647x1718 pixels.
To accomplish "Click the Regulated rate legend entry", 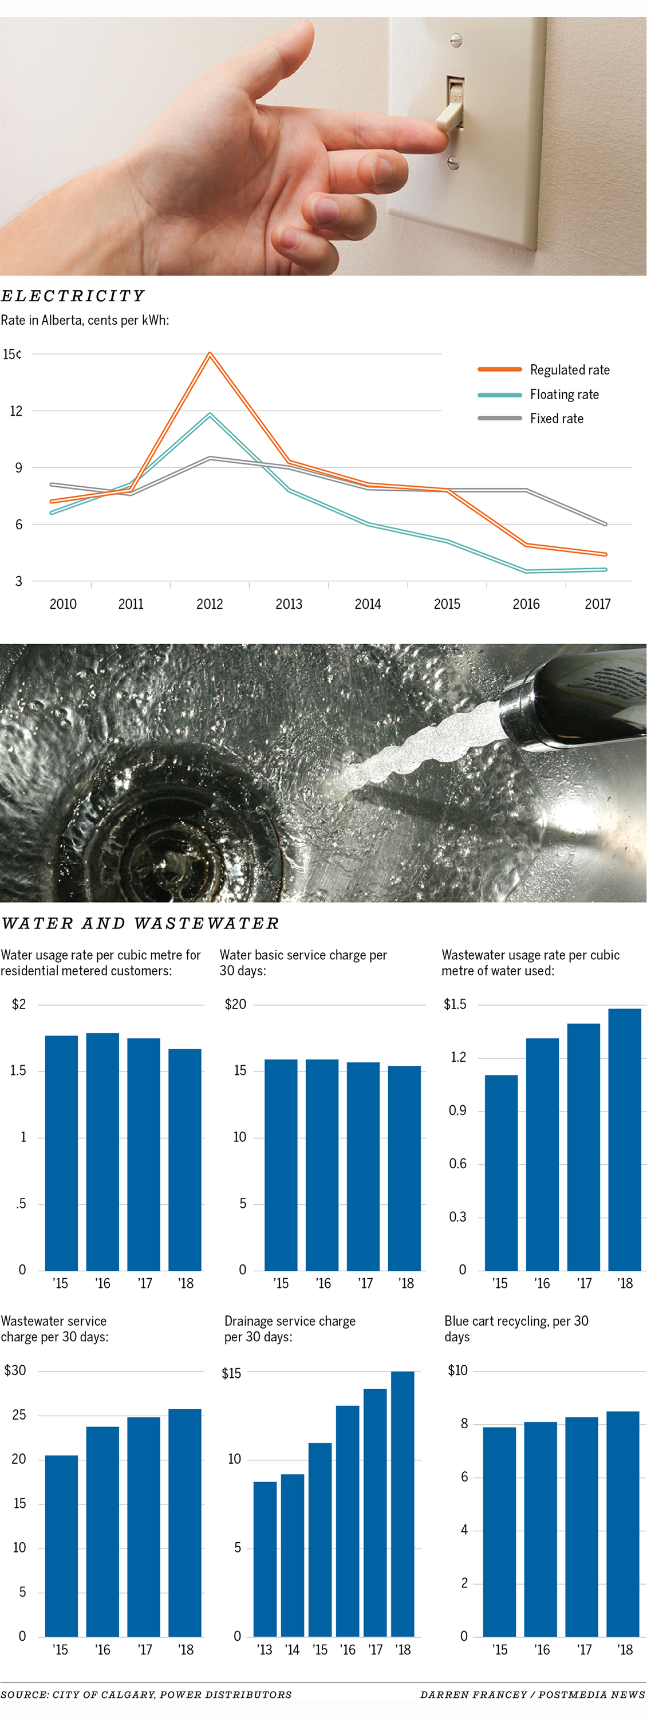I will tap(569, 370).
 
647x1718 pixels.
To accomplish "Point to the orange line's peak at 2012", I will tap(210, 354).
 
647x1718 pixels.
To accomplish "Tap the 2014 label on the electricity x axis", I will tap(368, 604).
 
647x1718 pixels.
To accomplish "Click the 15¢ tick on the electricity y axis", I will tap(12, 354).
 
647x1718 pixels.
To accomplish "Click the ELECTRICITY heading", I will tap(72, 296).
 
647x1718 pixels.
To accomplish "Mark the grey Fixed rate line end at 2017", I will tap(605, 524).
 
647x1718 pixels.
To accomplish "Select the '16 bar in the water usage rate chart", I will tap(102, 1151).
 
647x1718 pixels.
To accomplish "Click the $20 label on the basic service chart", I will tap(235, 1004).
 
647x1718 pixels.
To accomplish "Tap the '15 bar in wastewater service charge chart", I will tap(61, 1546).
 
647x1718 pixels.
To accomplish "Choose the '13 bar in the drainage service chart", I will tap(265, 1559).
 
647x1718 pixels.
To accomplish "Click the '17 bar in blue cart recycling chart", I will tap(582, 1527).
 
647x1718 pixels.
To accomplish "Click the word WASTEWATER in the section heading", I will tap(206, 924).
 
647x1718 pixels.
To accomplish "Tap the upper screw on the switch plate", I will tap(456, 40).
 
